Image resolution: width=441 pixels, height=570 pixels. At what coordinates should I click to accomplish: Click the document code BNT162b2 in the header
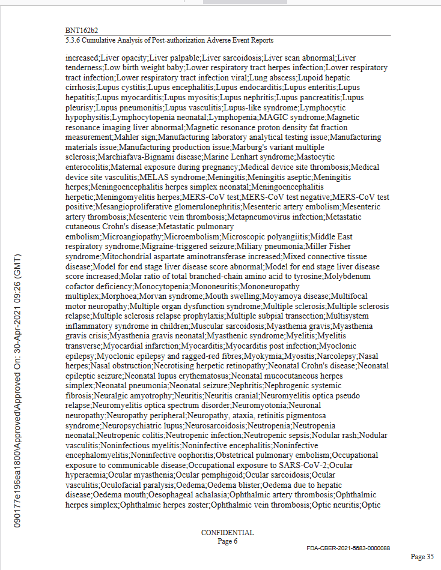click(82, 29)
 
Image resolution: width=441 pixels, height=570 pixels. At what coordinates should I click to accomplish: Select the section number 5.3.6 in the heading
click(73, 40)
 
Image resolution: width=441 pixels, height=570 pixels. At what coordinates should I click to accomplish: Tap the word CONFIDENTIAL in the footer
click(227, 533)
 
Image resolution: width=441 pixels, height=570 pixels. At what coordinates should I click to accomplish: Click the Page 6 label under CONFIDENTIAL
click(228, 541)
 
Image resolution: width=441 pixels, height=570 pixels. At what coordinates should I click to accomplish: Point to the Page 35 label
click(422, 557)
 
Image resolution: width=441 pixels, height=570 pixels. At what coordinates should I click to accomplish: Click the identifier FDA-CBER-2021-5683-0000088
click(348, 548)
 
